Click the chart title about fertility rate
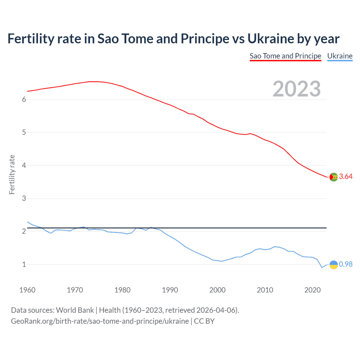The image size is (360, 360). [x=173, y=39]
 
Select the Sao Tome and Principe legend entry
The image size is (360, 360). [x=285, y=56]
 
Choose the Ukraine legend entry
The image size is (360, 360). [x=340, y=56]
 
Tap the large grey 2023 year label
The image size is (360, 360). [x=296, y=89]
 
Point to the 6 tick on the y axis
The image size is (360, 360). [x=24, y=99]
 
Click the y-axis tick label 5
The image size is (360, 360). [x=24, y=132]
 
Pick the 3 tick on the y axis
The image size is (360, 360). [x=24, y=198]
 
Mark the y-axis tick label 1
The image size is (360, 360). [x=24, y=264]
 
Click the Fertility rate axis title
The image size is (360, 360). [x=12, y=174]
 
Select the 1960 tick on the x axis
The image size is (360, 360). [x=27, y=290]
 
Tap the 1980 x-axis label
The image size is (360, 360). [x=122, y=290]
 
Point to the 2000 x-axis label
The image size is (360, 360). [x=217, y=290]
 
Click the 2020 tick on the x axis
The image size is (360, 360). [x=312, y=290]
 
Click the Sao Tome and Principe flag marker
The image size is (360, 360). [x=334, y=177]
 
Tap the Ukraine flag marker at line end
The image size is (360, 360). [x=334, y=265]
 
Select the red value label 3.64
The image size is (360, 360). [x=346, y=176]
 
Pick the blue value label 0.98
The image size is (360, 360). [x=346, y=264]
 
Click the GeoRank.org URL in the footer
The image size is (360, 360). [x=100, y=321]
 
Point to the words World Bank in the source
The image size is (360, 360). [x=75, y=310]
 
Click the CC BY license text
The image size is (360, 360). [x=204, y=321]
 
